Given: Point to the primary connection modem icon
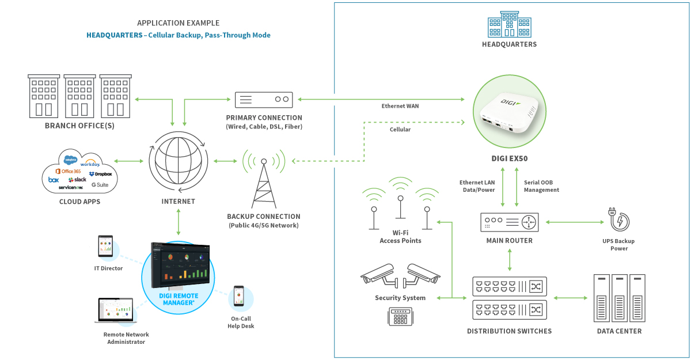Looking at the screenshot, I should tap(264, 99).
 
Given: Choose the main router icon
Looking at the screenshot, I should tap(509, 222).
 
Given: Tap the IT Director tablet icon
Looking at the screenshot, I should tap(105, 247).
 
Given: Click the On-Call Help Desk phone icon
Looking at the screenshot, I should tap(239, 297).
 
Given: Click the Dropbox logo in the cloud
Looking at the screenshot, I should tap(100, 174).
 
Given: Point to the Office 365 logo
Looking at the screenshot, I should tap(68, 172).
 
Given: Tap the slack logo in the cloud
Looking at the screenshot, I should tap(77, 180).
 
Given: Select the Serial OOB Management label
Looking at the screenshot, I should tap(541, 186).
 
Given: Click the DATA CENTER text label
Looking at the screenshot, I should tap(619, 331).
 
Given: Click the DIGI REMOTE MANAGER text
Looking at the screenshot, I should tap(178, 299).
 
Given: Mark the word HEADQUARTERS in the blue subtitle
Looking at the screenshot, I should tap(114, 35).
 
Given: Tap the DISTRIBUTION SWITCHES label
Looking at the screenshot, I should tap(509, 331).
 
